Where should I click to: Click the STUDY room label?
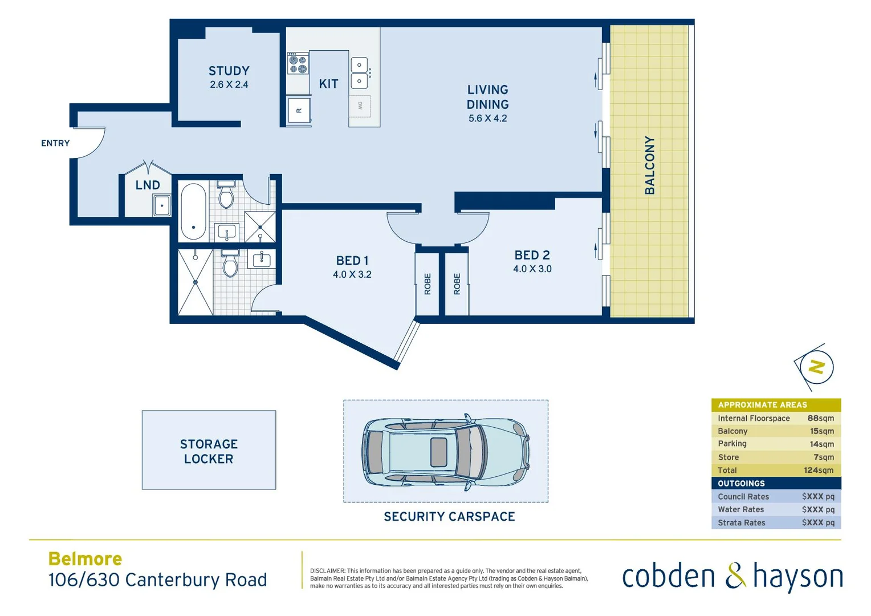pos(229,71)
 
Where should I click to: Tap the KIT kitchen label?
pos(328,84)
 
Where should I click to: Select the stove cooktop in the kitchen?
pos(298,64)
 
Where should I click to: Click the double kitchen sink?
pos(359,73)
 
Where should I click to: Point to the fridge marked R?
pos(299,110)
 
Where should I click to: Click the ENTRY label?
pos(55,143)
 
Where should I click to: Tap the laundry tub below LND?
pos(162,205)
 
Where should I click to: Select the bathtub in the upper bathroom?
pos(193,211)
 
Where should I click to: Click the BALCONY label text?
pos(649,165)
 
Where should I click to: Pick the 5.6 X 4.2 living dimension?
pos(487,119)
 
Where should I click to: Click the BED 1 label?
pos(352,261)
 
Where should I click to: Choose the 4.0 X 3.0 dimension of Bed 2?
pos(532,269)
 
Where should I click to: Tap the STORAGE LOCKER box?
pos(209,450)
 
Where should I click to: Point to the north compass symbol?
pos(816,367)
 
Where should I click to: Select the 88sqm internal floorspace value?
pos(820,418)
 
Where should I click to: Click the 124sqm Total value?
pos(819,470)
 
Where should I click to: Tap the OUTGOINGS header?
pos(741,483)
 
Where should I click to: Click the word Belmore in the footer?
pos(85,559)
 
